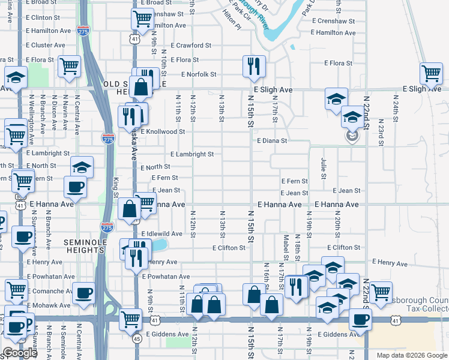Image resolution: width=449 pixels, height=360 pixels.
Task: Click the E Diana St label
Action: (272, 140)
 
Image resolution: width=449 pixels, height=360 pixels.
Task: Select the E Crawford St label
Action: (191, 45)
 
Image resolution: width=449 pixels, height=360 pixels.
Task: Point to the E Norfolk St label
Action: (199, 74)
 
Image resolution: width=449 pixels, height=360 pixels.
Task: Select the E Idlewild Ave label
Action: (161, 234)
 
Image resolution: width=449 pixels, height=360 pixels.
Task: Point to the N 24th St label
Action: (396, 111)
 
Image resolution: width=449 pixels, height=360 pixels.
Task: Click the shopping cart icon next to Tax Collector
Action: (381, 292)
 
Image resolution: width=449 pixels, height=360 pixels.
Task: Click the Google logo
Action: (20, 353)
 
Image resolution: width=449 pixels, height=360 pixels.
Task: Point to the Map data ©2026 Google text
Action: (412, 355)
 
